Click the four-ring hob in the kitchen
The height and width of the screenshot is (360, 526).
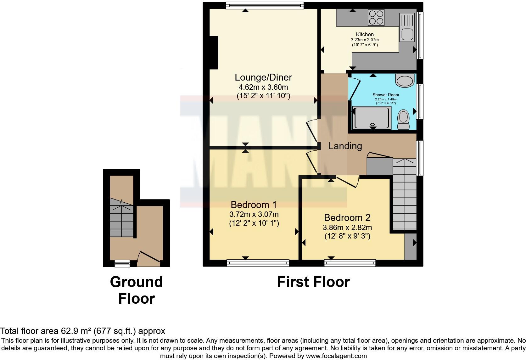pyautogui.click(x=376, y=17)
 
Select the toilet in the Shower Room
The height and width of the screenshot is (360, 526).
pyautogui.click(x=403, y=119)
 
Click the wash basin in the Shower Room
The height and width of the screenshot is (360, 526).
pyautogui.click(x=405, y=81)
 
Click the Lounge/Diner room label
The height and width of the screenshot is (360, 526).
pyautogui.click(x=263, y=77)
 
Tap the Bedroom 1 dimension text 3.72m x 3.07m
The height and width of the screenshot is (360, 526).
pyautogui.click(x=254, y=215)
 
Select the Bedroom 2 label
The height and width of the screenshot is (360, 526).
pyautogui.click(x=347, y=217)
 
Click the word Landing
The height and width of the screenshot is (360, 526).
pyautogui.click(x=345, y=146)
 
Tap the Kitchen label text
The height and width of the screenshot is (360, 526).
pyautogui.click(x=365, y=34)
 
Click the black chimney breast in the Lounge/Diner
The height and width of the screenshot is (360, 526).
pyautogui.click(x=214, y=52)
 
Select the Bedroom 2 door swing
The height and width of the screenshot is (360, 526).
pyautogui.click(x=348, y=182)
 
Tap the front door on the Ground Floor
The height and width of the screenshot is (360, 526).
pyautogui.click(x=149, y=256)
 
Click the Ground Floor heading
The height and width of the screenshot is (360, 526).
pyautogui.click(x=136, y=290)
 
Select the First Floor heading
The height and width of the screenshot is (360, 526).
pyautogui.click(x=313, y=282)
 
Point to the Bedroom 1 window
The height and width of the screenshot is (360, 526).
pyautogui.click(x=258, y=262)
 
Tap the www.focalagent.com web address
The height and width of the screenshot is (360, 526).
pyautogui.click(x=336, y=356)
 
